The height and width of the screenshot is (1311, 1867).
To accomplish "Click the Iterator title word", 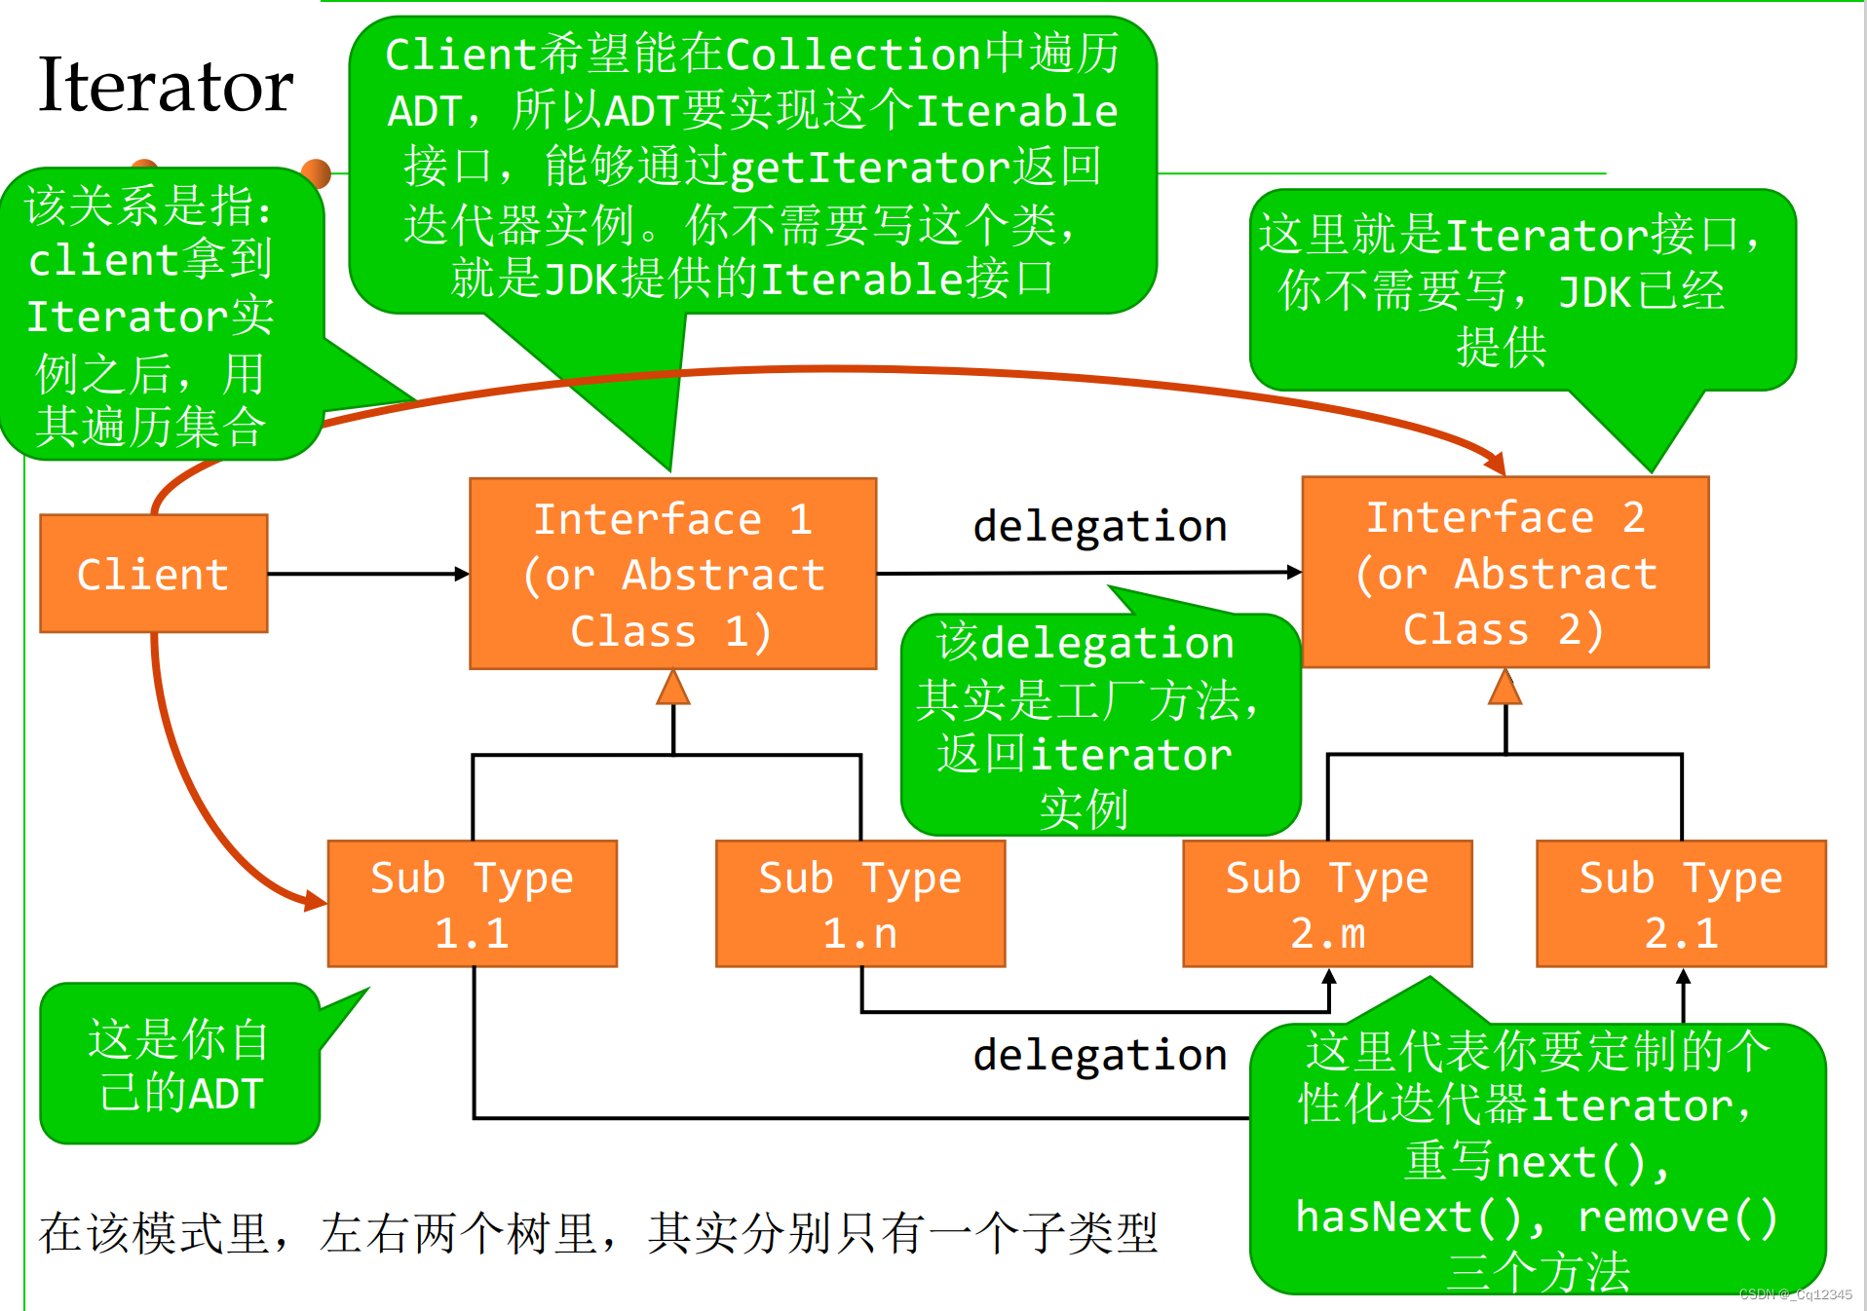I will click(x=166, y=86).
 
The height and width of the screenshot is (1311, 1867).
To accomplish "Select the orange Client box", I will click(x=153, y=574).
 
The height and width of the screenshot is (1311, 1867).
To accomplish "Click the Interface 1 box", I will click(x=672, y=574).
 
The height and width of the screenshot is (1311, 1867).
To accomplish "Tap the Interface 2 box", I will click(x=1505, y=573).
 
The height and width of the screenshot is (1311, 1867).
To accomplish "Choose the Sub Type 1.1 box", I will click(x=472, y=904).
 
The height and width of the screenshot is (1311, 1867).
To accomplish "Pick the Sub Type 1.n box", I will click(x=859, y=904).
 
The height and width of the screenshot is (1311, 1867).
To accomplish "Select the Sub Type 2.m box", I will click(x=1326, y=904).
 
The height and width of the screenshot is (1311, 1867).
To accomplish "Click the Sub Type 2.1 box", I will click(x=1680, y=904).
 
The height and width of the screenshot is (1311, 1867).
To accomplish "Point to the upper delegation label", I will click(x=1099, y=527).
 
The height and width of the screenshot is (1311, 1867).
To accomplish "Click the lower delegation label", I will click(x=1099, y=1056).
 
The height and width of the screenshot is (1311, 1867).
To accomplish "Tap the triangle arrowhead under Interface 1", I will click(x=673, y=688).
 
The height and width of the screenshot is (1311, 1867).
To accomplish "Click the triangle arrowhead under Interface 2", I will click(x=1505, y=687).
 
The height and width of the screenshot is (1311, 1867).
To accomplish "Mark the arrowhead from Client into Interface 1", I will click(x=462, y=574).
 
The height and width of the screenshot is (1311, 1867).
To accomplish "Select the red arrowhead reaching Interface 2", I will click(x=1495, y=463).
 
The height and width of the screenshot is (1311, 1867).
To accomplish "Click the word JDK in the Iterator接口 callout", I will click(x=1594, y=292).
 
